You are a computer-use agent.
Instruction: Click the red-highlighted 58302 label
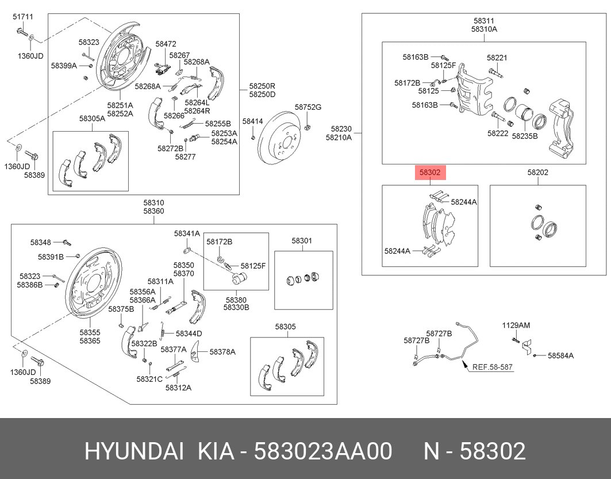(x=430, y=172)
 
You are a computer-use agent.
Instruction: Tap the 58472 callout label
(x=166, y=44)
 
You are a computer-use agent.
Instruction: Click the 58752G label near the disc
(x=308, y=108)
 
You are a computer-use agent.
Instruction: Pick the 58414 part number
(x=252, y=121)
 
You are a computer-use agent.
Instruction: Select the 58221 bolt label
(x=497, y=58)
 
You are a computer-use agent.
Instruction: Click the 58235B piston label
(x=524, y=137)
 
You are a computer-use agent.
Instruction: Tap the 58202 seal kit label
(x=538, y=172)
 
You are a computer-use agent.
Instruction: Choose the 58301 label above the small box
(x=302, y=240)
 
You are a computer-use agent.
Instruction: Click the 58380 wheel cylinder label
(x=236, y=300)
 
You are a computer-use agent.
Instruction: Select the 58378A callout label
(x=222, y=351)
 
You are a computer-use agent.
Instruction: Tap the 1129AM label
(x=516, y=325)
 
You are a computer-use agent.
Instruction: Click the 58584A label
(x=560, y=356)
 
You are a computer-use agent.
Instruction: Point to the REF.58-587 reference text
(x=492, y=367)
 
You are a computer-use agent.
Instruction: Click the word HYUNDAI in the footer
(x=134, y=451)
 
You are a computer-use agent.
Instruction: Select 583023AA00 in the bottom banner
(x=323, y=451)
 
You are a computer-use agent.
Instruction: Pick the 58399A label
(x=64, y=66)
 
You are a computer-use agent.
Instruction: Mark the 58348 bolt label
(x=41, y=242)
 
